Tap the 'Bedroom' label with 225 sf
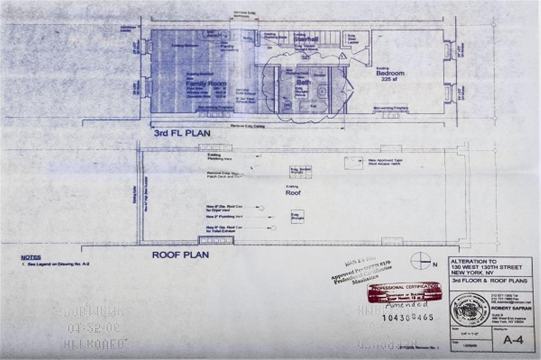point(390,73)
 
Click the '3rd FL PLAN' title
point(182,134)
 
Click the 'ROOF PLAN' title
point(180,254)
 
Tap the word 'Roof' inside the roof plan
point(293,193)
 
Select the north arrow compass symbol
point(421,260)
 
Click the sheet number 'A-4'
point(512,340)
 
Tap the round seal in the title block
point(469,309)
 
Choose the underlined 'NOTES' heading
point(31,257)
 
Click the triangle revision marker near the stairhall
point(342,55)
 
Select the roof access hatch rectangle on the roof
point(353,163)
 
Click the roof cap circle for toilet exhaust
point(273,228)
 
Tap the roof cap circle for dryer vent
point(261,208)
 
